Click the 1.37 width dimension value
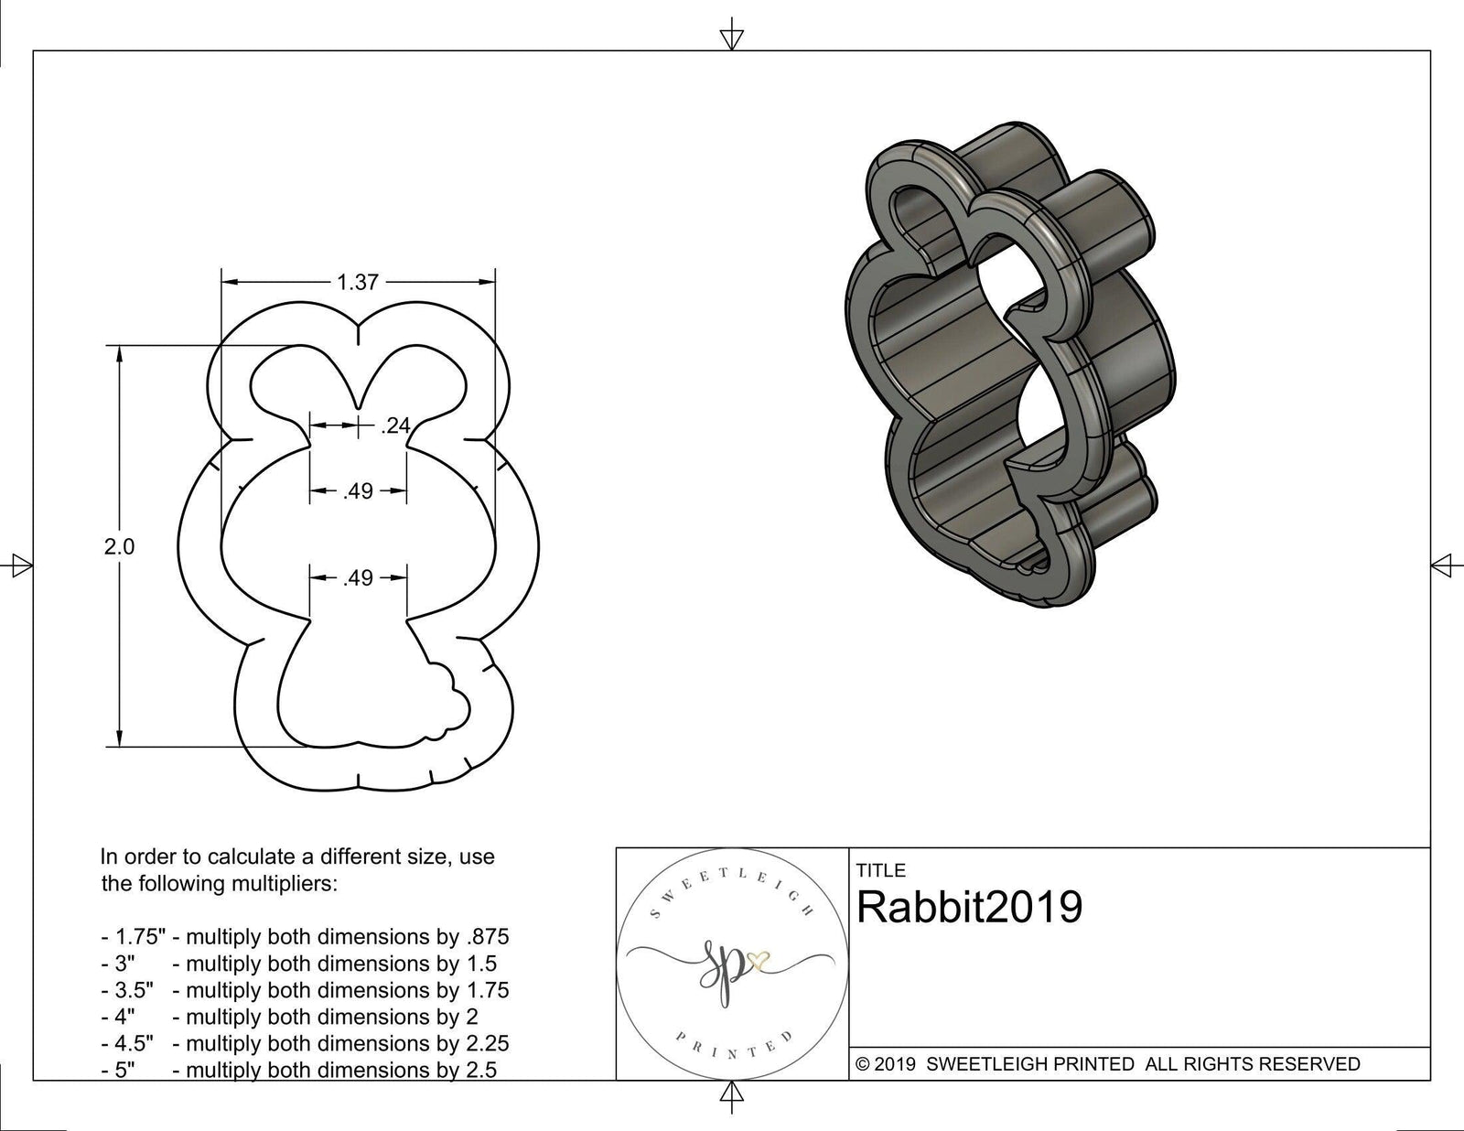click(x=358, y=283)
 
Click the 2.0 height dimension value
click(x=119, y=547)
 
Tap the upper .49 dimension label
click(x=359, y=492)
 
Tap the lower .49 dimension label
click(x=359, y=578)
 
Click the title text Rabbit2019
click(x=969, y=908)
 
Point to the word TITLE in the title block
click(x=880, y=870)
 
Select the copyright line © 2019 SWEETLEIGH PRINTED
click(x=1107, y=1064)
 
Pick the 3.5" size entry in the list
click(x=127, y=990)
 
